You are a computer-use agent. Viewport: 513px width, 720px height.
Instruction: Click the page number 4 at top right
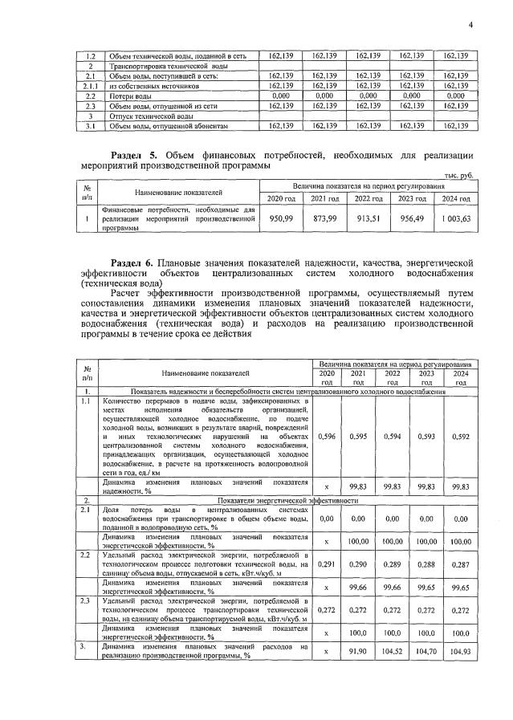pyautogui.click(x=471, y=24)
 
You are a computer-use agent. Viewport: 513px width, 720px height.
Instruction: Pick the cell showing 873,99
pyautogui.click(x=324, y=218)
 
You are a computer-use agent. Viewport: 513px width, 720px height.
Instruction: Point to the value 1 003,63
pyautogui.click(x=454, y=218)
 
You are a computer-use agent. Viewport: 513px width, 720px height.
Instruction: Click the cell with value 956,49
pyautogui.click(x=411, y=218)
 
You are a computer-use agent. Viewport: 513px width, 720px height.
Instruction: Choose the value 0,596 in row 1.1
pyautogui.click(x=327, y=437)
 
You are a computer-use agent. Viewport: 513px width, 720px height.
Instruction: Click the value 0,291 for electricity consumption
pyautogui.click(x=327, y=565)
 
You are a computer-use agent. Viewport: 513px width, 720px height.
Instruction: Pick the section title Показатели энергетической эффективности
pyautogui.click(x=294, y=498)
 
